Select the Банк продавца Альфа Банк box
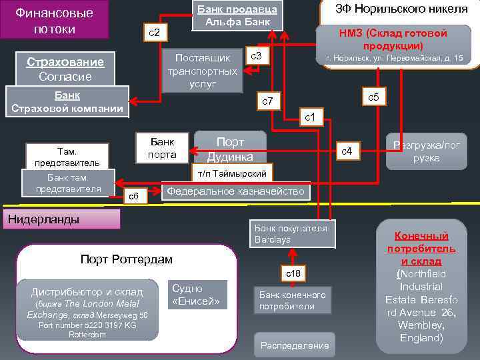[x=237, y=15]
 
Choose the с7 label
[x=269, y=101]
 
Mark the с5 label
[x=373, y=97]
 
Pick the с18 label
[x=293, y=273]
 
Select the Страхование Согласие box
[x=65, y=69]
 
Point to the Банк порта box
[x=162, y=149]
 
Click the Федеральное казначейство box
[x=237, y=192]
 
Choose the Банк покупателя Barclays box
[x=291, y=234]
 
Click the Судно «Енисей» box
[x=199, y=295]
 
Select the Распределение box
[x=295, y=345]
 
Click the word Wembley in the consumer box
[x=421, y=325]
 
